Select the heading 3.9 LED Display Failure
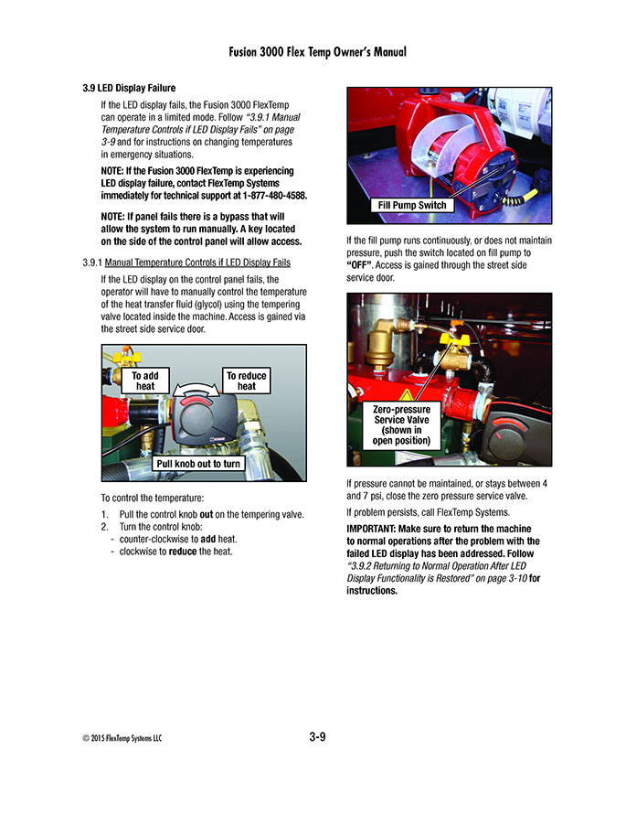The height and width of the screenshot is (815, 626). click(x=135, y=89)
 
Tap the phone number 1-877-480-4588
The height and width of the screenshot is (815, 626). click(x=265, y=196)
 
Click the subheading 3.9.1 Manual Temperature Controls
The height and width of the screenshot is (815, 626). click(x=186, y=263)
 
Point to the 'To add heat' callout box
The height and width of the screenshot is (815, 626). click(x=145, y=381)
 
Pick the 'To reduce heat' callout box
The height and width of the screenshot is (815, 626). click(x=247, y=381)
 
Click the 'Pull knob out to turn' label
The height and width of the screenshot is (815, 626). click(x=198, y=464)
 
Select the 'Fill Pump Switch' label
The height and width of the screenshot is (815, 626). click(x=412, y=205)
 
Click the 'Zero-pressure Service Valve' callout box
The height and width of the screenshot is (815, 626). click(x=402, y=425)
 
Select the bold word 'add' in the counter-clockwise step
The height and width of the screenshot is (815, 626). click(x=207, y=539)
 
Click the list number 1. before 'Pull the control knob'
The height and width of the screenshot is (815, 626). click(x=105, y=515)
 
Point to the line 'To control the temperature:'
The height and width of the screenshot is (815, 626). click(x=152, y=498)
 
